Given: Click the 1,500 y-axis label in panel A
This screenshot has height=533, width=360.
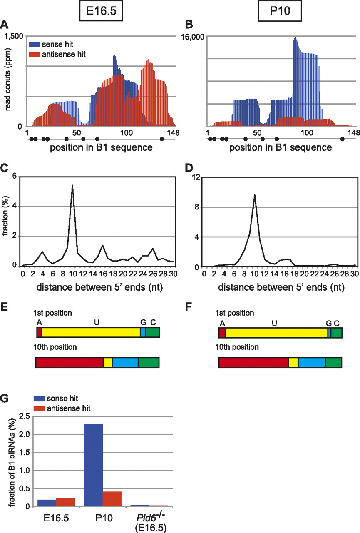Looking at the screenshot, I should click(x=14, y=36).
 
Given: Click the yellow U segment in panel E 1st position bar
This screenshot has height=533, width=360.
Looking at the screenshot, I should click(x=91, y=332).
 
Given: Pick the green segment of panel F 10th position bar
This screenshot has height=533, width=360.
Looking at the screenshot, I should click(x=333, y=362).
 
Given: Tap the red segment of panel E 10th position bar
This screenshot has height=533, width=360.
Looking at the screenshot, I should click(x=69, y=362).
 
